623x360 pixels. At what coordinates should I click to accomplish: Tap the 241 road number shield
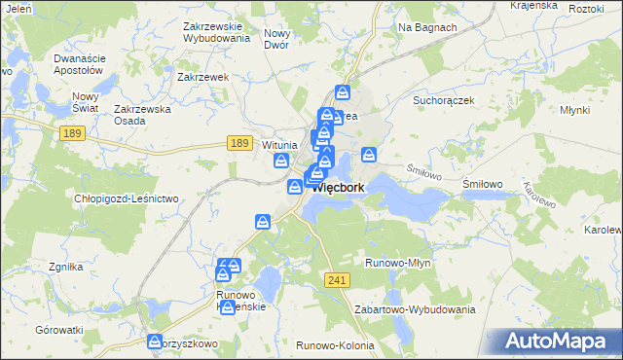(x=338, y=279)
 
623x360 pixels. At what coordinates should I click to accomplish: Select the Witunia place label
(x=279, y=145)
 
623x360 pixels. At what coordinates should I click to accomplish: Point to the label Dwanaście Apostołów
(x=78, y=64)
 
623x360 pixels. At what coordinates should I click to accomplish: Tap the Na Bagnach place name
(x=427, y=27)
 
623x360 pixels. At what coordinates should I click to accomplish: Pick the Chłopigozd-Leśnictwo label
(x=127, y=198)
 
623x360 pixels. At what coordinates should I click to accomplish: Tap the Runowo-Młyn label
(x=397, y=263)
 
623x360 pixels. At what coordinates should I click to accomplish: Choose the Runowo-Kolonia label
(x=332, y=344)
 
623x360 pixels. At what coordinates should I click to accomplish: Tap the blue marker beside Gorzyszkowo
(x=154, y=342)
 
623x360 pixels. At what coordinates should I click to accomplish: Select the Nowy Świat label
(x=87, y=102)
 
